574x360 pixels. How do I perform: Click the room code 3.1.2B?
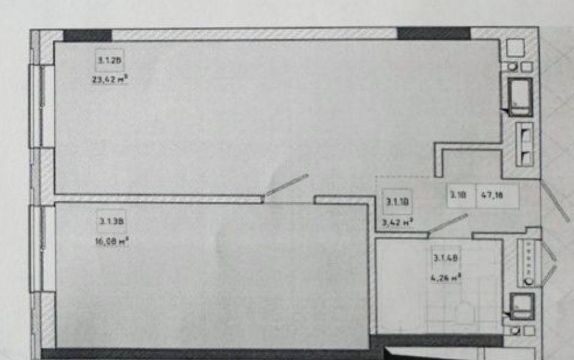[106, 60]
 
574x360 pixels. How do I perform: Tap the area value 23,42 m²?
[109, 79]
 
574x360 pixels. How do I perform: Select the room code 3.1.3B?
[107, 221]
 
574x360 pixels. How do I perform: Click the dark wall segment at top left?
[87, 35]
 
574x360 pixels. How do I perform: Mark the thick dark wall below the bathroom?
[436, 340]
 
